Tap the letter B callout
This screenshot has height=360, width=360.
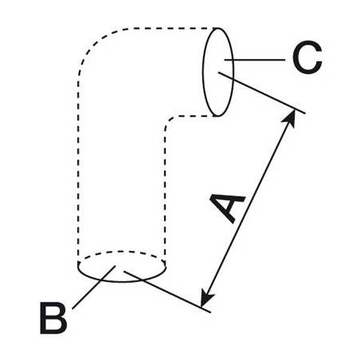click(53, 318)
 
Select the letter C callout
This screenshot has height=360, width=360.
click(307, 57)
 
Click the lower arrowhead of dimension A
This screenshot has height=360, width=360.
click(206, 298)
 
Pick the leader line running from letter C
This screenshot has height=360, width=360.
click(255, 60)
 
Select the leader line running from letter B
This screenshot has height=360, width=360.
click(94, 287)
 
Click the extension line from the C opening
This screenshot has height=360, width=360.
click(261, 92)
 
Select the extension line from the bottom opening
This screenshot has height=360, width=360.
click(167, 292)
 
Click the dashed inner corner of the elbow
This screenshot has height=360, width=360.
click(168, 122)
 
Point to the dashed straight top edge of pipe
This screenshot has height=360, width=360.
click(173, 28)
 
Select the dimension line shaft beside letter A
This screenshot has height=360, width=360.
click(248, 209)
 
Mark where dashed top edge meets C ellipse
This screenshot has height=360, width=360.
click(217, 28)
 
